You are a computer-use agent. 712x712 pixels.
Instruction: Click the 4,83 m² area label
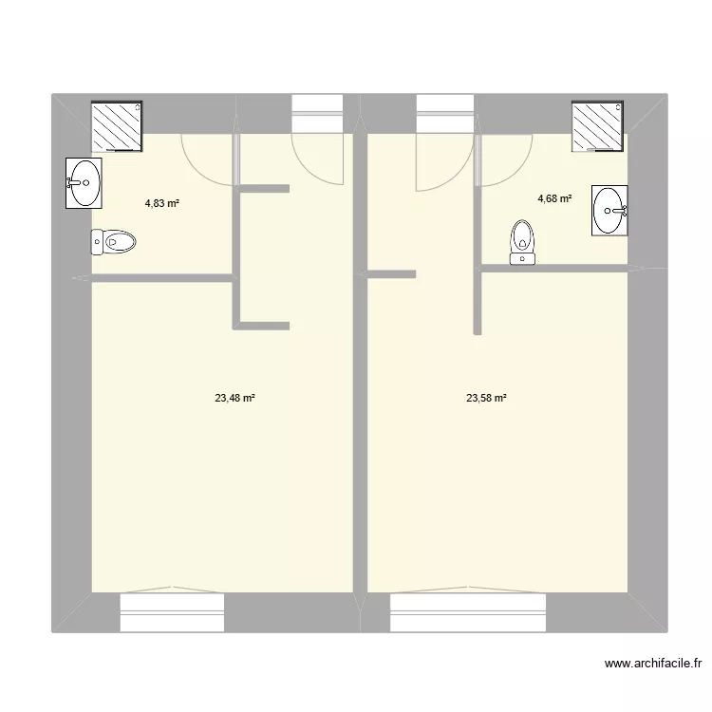(162, 202)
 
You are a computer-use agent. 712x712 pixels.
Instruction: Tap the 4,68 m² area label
(554, 198)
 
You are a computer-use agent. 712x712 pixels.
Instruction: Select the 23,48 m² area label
(234, 399)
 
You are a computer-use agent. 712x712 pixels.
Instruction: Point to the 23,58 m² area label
(486, 399)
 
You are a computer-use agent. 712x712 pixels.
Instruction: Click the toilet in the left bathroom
(114, 242)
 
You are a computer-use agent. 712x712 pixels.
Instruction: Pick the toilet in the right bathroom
(522, 242)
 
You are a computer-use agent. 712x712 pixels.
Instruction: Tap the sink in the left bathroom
(84, 182)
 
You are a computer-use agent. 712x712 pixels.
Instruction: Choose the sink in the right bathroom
(609, 210)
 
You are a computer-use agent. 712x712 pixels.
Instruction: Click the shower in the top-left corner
(116, 125)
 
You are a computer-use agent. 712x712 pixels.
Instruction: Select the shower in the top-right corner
(598, 125)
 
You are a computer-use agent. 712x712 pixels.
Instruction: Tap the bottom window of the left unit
(172, 611)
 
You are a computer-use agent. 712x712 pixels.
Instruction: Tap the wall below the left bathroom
(161, 278)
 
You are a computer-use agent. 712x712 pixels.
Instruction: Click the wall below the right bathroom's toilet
(551, 270)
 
